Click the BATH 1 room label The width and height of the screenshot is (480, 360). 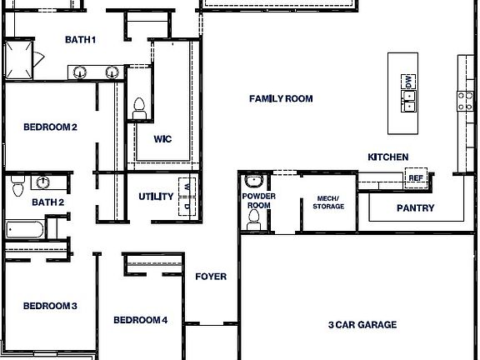(x=81, y=39)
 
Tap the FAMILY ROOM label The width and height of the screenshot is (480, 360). (x=281, y=98)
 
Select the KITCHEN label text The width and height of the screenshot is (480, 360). (x=388, y=157)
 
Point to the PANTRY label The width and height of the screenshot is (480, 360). (x=414, y=207)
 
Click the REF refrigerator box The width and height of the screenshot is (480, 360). (x=415, y=177)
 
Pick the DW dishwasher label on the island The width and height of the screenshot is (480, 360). (x=408, y=82)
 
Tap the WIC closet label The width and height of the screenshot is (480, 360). (x=162, y=139)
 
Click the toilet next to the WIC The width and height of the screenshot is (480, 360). (x=139, y=107)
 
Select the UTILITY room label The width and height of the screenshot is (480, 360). (x=156, y=197)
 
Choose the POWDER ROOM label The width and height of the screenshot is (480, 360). (x=258, y=201)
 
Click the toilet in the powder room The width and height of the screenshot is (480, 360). (x=254, y=218)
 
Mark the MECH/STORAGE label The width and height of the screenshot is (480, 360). (x=328, y=201)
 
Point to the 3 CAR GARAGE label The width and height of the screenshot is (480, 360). (x=362, y=325)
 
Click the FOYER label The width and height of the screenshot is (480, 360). (x=211, y=277)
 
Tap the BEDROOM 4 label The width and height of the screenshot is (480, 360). (x=141, y=320)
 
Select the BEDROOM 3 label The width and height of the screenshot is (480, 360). (x=50, y=306)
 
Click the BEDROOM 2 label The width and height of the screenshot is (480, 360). (x=50, y=127)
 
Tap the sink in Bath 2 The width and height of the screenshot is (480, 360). (x=42, y=182)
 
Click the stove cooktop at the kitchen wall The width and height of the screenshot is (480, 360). (x=464, y=101)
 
